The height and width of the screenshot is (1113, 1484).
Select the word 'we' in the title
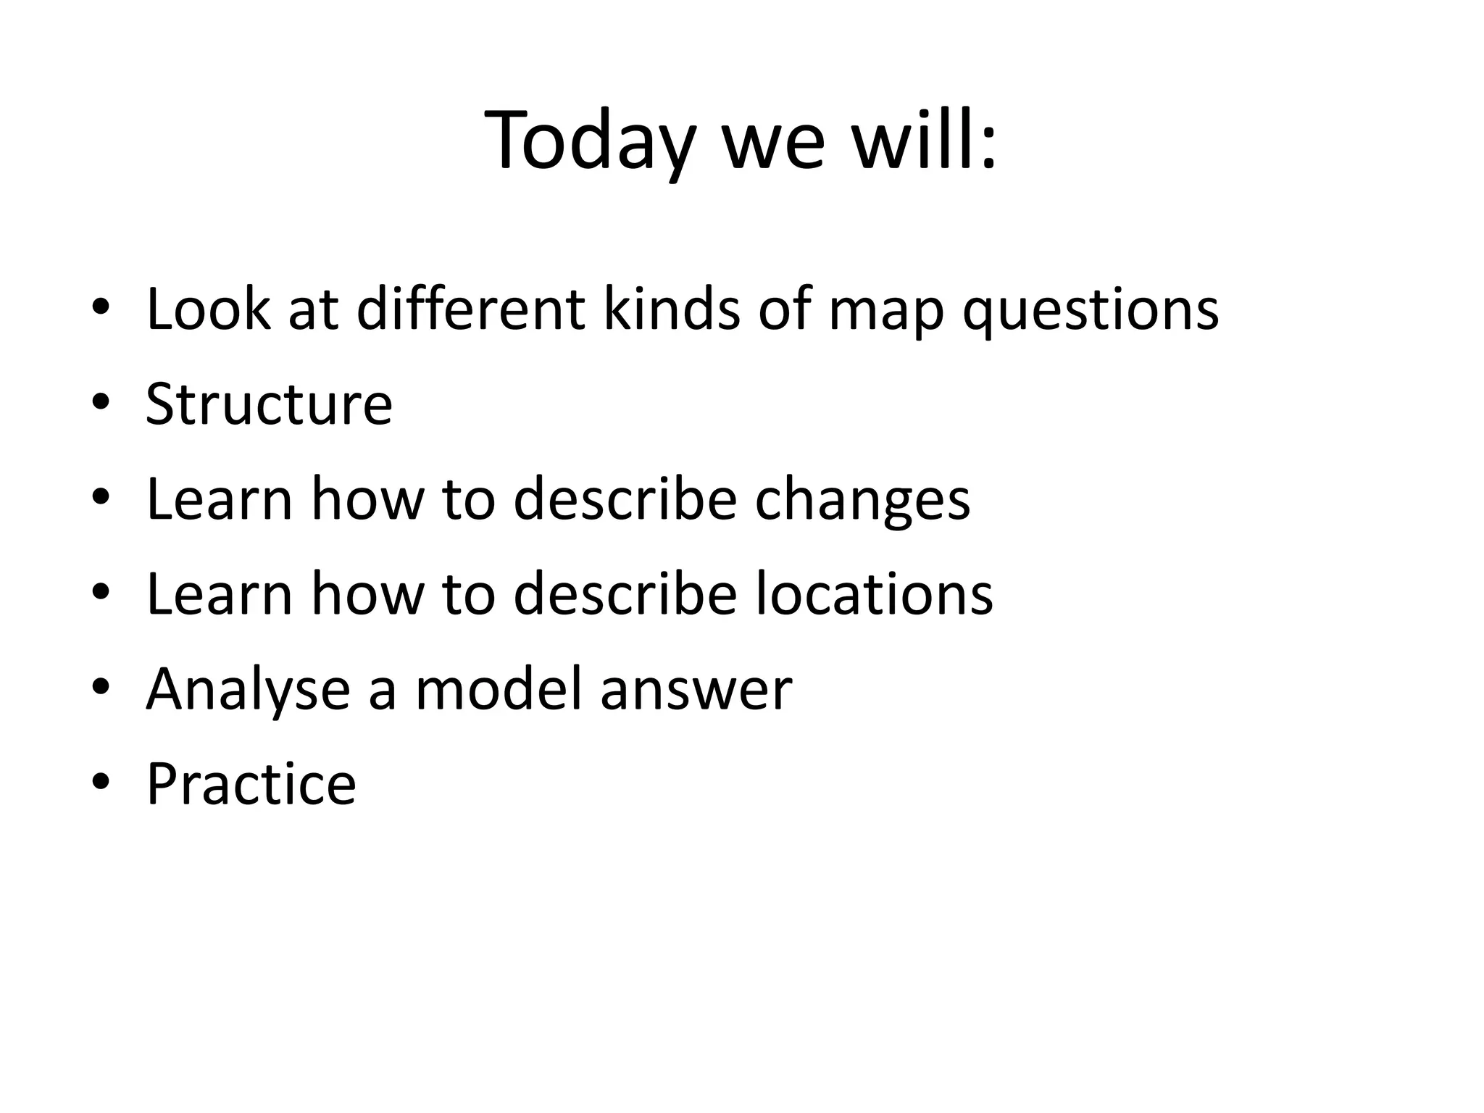pos(773,145)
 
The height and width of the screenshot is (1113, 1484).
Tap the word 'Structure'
pos(269,404)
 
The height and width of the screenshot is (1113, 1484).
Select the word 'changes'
pos(862,500)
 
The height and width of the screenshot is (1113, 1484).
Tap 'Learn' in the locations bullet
pos(219,593)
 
